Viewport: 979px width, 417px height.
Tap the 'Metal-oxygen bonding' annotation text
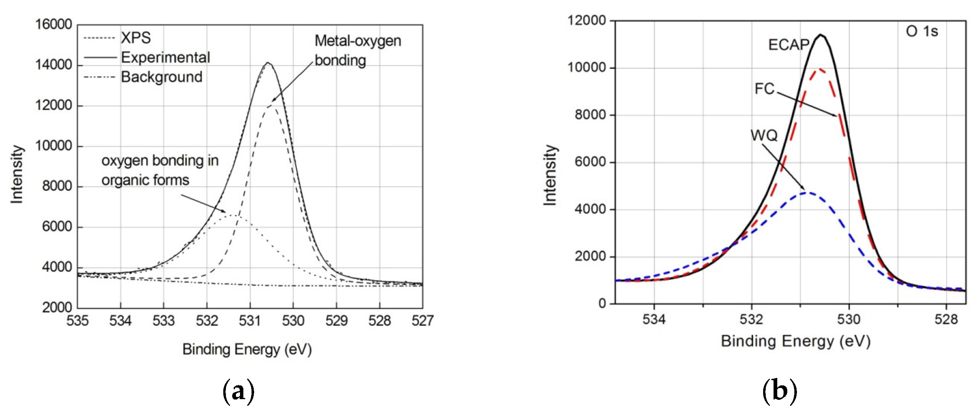click(358, 51)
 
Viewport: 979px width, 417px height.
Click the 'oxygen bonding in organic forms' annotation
click(160, 170)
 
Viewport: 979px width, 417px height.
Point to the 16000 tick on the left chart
click(54, 24)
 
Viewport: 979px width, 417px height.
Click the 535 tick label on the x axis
click(78, 321)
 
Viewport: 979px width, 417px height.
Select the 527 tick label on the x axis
click(422, 321)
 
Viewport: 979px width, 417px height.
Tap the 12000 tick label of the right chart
click(586, 20)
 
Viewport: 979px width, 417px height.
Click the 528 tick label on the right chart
click(946, 319)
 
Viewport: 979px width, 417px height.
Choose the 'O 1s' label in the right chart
click(922, 31)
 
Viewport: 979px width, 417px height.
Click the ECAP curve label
click(789, 45)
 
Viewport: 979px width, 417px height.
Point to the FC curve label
click(764, 89)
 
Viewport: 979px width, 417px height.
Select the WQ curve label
click(764, 135)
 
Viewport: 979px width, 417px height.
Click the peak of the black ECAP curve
click(821, 35)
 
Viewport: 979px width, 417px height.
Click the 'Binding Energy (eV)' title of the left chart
click(247, 349)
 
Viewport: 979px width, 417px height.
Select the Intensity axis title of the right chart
click(550, 175)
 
